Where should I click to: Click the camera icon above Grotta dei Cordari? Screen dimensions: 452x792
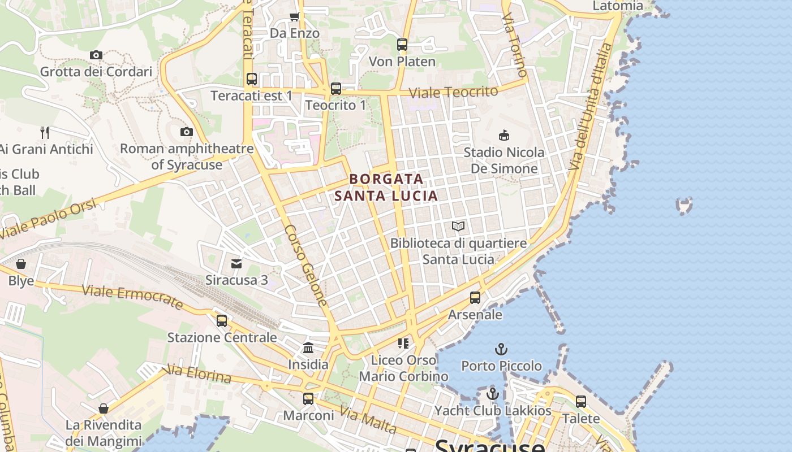[x=96, y=55]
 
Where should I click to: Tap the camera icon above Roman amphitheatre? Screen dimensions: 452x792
[x=186, y=132]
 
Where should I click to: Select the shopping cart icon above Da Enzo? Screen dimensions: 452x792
[x=294, y=16]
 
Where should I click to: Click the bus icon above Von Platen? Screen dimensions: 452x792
[x=402, y=44]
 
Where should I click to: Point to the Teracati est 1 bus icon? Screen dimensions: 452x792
[x=252, y=79]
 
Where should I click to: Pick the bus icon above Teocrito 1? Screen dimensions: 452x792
[x=336, y=89]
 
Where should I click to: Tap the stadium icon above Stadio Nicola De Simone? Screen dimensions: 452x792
[x=503, y=135]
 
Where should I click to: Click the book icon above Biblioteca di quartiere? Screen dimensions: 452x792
[x=458, y=227]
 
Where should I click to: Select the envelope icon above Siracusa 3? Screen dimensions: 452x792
[x=236, y=263]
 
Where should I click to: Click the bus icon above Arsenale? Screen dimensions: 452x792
[x=475, y=298]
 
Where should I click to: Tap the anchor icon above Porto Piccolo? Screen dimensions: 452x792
[x=501, y=349]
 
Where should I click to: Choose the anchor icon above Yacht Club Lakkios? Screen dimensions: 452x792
[x=493, y=394]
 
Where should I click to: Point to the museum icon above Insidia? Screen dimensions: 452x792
[x=308, y=347]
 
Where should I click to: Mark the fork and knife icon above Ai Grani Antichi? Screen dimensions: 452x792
[x=45, y=133]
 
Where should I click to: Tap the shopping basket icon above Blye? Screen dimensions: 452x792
[x=21, y=264]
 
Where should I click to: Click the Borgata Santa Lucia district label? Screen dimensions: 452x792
[x=386, y=187]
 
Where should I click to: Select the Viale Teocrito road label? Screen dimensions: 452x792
[x=453, y=92]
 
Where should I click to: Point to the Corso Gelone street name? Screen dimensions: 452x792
[x=306, y=266]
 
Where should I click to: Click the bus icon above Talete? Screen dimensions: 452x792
[x=581, y=402]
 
